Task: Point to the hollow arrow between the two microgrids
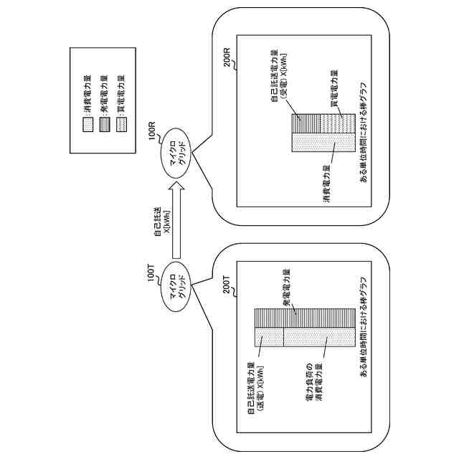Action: [x=177, y=219]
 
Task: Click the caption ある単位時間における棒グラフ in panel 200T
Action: [x=364, y=327]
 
